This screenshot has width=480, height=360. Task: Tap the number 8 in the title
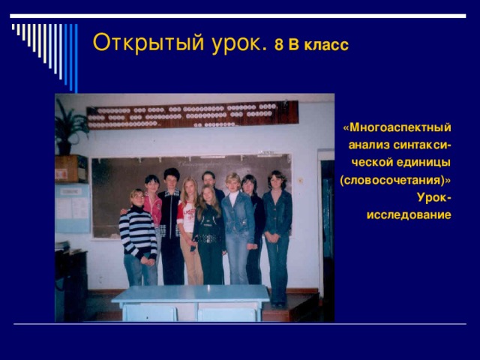(278, 45)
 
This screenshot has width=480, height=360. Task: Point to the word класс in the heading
(326, 45)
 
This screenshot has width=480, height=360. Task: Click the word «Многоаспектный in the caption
(397, 126)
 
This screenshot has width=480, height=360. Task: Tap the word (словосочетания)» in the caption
(395, 181)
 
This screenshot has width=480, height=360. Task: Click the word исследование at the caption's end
(409, 215)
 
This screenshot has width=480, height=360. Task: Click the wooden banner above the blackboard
(191, 115)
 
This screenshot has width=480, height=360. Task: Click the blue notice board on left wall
(72, 207)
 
